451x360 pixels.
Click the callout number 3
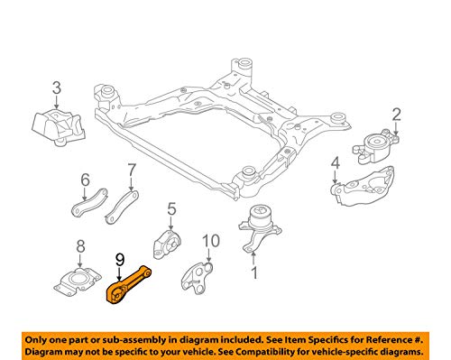click(57, 88)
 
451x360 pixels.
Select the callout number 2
click(397, 115)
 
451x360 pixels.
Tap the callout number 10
click(211, 241)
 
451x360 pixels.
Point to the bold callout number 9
click(120, 260)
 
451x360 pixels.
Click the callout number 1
click(254, 273)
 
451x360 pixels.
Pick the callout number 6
click(86, 180)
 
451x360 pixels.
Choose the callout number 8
click(132, 171)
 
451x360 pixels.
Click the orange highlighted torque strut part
click(80, 246)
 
